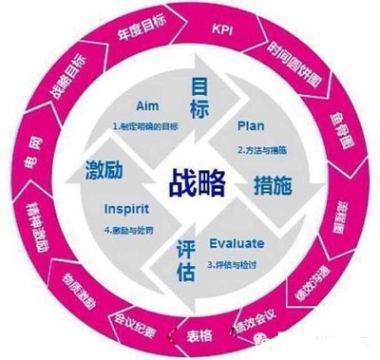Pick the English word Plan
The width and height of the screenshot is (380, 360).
tap(249, 123)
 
